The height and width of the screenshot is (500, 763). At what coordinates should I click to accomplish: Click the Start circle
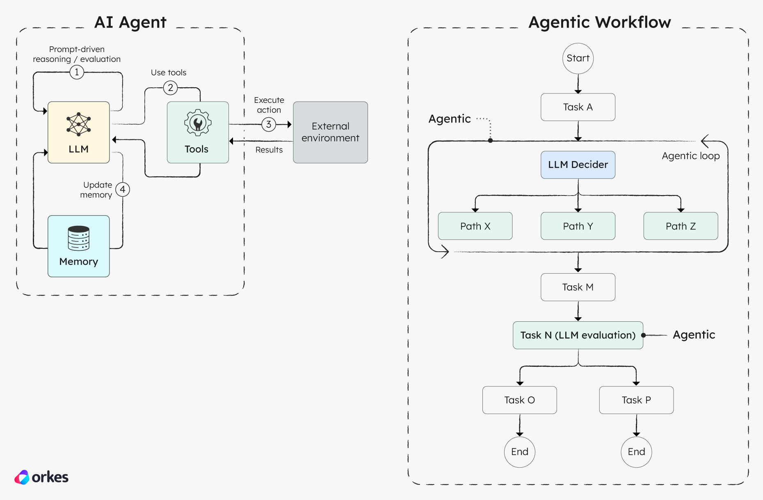(x=578, y=59)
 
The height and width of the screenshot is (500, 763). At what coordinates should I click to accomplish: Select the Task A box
(x=578, y=107)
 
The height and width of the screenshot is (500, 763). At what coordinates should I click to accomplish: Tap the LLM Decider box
(x=578, y=165)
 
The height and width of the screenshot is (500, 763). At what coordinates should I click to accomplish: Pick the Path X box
(x=475, y=226)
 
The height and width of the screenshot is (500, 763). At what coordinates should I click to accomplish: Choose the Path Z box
(x=681, y=226)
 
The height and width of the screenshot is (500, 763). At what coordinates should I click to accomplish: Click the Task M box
(x=578, y=287)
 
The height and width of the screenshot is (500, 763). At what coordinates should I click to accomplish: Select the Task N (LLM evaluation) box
(x=578, y=335)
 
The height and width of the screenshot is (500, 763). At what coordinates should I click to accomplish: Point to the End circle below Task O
(x=519, y=452)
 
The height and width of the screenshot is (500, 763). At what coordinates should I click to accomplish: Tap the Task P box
(x=636, y=400)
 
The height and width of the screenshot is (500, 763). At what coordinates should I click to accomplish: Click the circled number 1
(x=77, y=72)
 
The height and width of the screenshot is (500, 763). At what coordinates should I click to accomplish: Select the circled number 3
(x=269, y=124)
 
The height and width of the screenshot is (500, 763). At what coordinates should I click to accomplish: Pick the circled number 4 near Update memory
(x=123, y=189)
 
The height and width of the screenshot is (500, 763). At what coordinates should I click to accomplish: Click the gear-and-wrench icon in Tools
(x=198, y=123)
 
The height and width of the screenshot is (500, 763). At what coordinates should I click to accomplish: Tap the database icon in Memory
(x=78, y=238)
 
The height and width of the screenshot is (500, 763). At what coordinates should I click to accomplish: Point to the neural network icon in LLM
(x=78, y=124)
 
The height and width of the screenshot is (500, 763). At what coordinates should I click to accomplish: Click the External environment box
(x=330, y=132)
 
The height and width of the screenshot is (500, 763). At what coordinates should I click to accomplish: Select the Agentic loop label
(x=690, y=156)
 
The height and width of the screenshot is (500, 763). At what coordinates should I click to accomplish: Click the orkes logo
(x=41, y=477)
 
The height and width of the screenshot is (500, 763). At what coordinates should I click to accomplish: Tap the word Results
(x=269, y=150)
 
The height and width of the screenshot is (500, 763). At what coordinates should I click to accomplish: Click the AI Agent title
(x=130, y=22)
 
